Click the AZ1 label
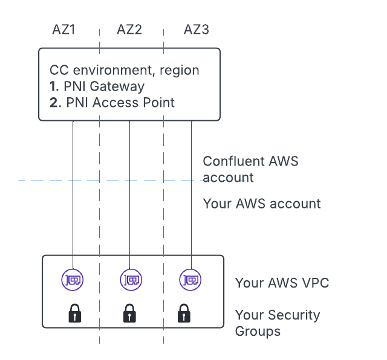click(x=64, y=29)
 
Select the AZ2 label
click(x=129, y=29)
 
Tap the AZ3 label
click(x=197, y=29)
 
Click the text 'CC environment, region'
click(x=125, y=71)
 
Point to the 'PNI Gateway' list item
click(x=103, y=86)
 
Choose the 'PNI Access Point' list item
click(x=119, y=102)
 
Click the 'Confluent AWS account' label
click(x=250, y=169)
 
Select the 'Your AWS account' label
click(x=262, y=204)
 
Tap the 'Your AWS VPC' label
click(x=282, y=283)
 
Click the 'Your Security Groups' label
click(x=277, y=323)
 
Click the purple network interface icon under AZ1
click(x=73, y=279)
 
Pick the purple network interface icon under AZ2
click(x=130, y=279)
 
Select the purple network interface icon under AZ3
click(x=191, y=279)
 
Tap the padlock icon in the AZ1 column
click(x=74, y=313)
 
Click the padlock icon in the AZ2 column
click(x=129, y=313)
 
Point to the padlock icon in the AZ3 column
click(x=183, y=313)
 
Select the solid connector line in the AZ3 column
click(x=191, y=193)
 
